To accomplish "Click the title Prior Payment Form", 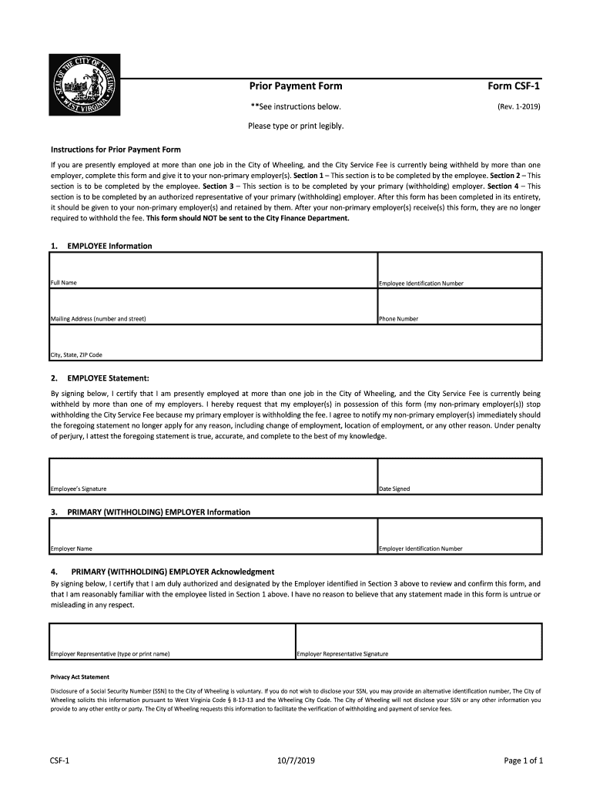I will [295, 86].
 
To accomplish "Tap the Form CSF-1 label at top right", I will [514, 86].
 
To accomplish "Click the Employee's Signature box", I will [213, 473].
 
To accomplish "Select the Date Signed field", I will [459, 473].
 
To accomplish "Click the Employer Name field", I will [213, 533].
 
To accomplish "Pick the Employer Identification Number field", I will [459, 533].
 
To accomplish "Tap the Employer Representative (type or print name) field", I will [172, 639].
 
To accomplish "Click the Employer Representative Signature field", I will [418, 639].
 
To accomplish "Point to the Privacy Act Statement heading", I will [80, 677].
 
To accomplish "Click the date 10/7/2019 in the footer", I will [296, 761].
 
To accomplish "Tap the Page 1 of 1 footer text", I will [524, 761].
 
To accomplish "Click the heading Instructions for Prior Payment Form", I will [116, 149].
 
